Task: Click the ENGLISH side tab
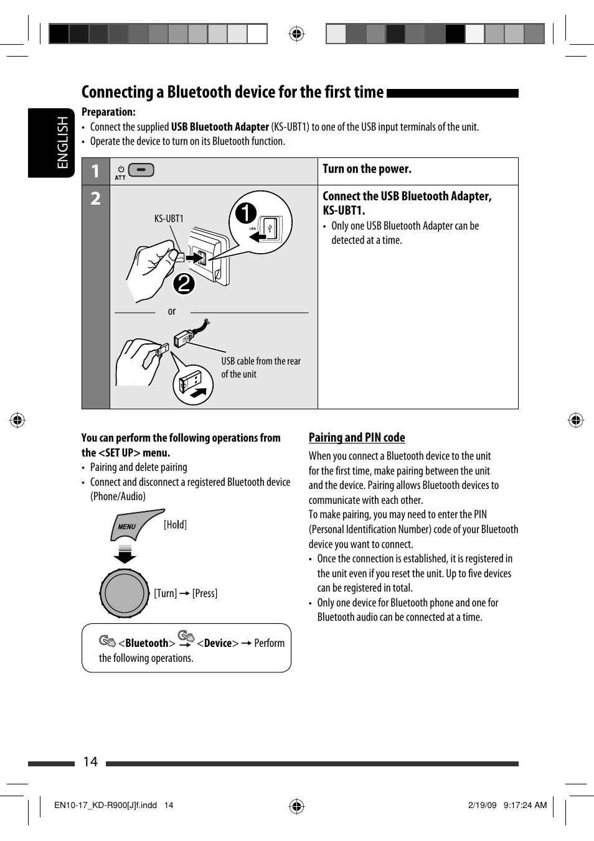pos(51,142)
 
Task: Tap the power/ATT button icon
pos(141,170)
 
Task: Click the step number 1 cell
pos(95,171)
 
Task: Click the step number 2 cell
pos(95,198)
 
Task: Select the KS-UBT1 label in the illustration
pos(169,218)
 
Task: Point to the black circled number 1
pos(245,213)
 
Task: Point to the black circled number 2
pos(184,284)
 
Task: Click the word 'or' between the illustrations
pos(172,312)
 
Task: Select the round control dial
pos(125,593)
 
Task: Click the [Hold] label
pos(175,524)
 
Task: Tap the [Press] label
pos(205,593)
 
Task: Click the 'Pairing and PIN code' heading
pos(357,437)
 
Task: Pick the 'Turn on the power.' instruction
pos(367,169)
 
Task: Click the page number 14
pos(90,762)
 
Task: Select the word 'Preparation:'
pos(108,112)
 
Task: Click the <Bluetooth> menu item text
pos(147,643)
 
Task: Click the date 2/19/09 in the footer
pos(482,805)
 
